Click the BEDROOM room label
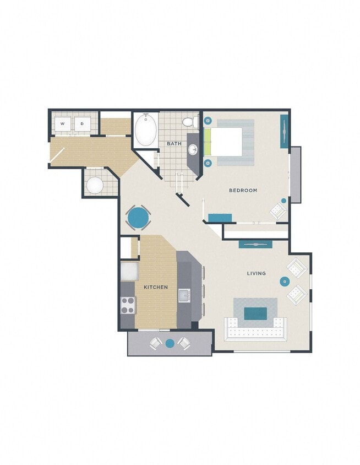[243, 191]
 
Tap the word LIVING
[257, 273]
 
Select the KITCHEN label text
[156, 288]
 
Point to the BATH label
[174, 144]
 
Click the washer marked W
[63, 124]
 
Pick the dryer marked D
[82, 124]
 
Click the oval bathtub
[146, 130]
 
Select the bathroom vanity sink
[193, 149]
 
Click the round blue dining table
[138, 218]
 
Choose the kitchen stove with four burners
[128, 305]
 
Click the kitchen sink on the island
[184, 295]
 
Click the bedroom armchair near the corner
[278, 210]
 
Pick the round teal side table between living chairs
[285, 282]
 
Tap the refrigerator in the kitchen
[129, 272]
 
